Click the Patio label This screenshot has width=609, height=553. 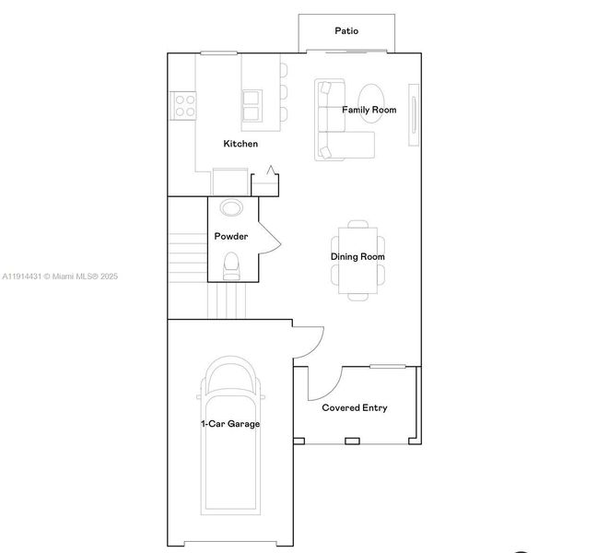[346, 30]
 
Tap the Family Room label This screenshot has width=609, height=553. [369, 110]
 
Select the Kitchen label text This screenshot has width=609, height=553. [240, 144]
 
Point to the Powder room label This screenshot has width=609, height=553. [231, 237]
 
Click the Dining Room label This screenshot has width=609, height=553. [358, 257]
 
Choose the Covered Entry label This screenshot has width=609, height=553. [354, 407]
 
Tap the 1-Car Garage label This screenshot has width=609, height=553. [230, 424]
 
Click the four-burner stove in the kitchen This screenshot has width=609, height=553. [183, 105]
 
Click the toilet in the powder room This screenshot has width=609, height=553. [231, 265]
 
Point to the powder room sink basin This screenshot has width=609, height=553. [231, 207]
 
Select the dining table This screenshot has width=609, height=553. [357, 258]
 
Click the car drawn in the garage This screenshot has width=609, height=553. [230, 433]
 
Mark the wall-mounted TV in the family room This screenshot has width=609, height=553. [414, 120]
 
